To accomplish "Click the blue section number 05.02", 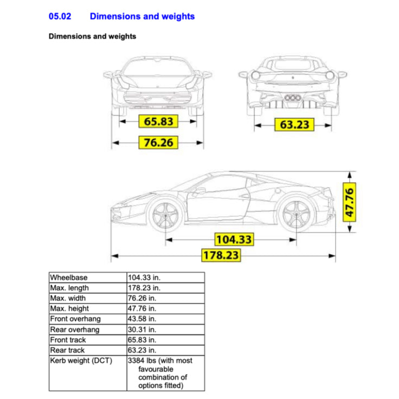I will coord(60,16).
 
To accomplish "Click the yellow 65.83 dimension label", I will coord(158,121).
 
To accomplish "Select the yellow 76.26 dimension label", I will coord(158,143).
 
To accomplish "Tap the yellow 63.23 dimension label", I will coord(294,125).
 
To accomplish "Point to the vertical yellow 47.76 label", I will coord(350,202).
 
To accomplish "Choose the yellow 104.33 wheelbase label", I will coord(234,239).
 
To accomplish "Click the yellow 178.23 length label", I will coord(221,255).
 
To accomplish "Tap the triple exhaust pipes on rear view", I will coord(293,98).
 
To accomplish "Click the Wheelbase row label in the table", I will coord(68,278).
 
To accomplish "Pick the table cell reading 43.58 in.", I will coord(142,319).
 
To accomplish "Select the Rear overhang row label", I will coord(75,330).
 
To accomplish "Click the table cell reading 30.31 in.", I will coord(142,330).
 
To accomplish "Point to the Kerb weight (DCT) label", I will coord(81,361).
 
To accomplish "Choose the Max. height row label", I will coord(69,308).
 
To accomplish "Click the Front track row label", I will coord(68,340).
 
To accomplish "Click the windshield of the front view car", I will coord(158,67).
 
